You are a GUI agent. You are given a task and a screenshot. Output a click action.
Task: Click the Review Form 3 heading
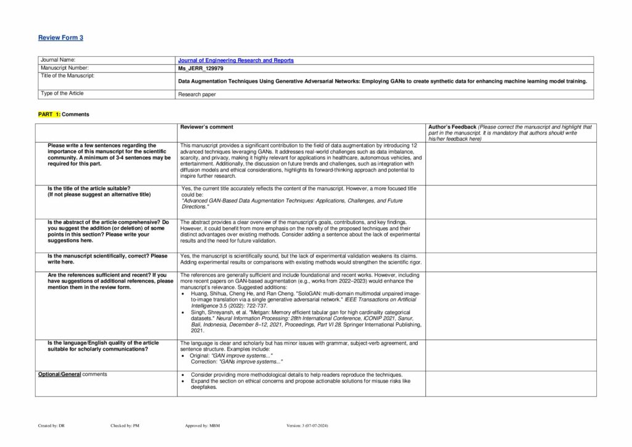click(x=60, y=38)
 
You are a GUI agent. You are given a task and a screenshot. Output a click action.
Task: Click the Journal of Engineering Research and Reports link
click(x=236, y=61)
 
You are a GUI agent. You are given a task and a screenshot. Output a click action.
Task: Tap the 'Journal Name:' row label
click(x=57, y=60)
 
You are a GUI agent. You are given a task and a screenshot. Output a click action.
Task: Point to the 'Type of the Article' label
click(x=62, y=93)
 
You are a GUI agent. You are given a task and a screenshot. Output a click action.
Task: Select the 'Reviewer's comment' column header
click(x=206, y=127)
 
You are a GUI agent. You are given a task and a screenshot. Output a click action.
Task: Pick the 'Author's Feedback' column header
click(x=451, y=127)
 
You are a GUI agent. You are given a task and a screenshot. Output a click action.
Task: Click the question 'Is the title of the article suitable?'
click(x=89, y=188)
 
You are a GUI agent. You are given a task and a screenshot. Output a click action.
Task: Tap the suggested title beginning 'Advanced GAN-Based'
click(x=291, y=201)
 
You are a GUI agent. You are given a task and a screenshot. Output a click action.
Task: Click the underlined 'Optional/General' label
click(x=59, y=374)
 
